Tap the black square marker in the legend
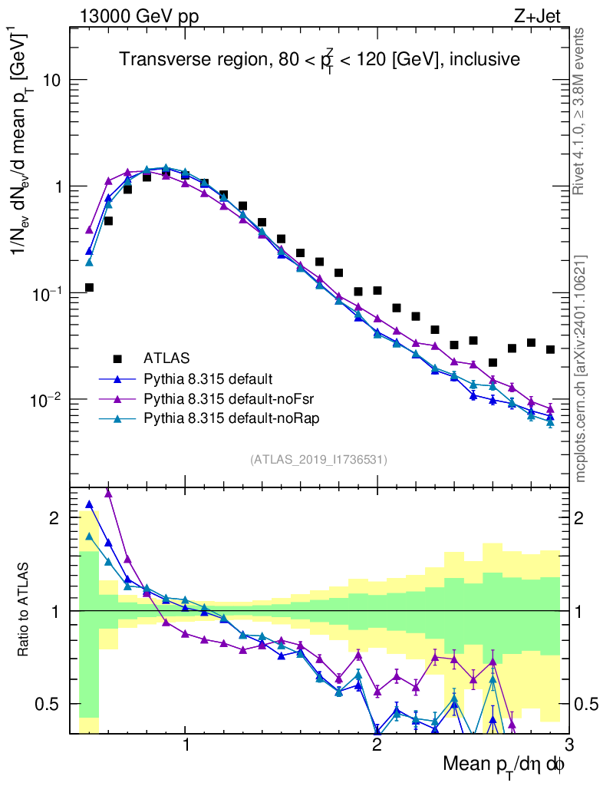[118, 358]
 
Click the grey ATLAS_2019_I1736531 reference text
[318, 460]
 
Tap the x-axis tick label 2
[377, 745]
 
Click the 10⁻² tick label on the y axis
[48, 399]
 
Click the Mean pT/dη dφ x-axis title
[505, 766]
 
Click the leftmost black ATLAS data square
[89, 288]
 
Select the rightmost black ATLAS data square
[550, 349]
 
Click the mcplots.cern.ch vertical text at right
[582, 368]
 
